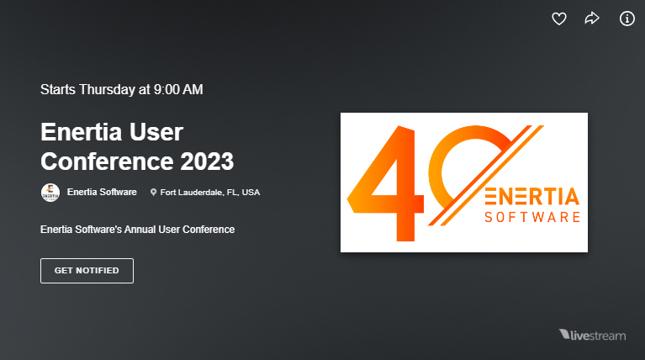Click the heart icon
[559, 19]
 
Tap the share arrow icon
[592, 19]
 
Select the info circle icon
[626, 19]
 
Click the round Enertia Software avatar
[50, 192]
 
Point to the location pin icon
[154, 193]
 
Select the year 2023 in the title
[204, 160]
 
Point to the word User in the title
[156, 132]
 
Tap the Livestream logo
[592, 336]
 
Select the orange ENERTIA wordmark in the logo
[532, 197]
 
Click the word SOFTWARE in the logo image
[532, 218]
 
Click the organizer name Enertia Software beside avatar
[102, 192]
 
